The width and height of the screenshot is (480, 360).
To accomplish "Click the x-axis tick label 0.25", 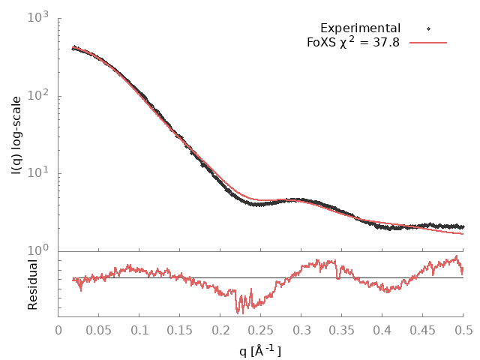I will (261, 330).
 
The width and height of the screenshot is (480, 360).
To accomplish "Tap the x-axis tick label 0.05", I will (99, 330).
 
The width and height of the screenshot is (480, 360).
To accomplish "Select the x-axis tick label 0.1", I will (139, 330).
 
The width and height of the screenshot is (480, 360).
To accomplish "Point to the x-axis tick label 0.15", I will (180, 330).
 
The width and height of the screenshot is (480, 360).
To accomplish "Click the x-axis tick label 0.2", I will (220, 330).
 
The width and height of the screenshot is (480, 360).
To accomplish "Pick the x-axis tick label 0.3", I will (301, 330).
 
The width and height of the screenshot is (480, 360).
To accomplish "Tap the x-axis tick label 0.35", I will (342, 330).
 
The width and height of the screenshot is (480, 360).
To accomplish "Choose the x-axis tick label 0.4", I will (382, 330).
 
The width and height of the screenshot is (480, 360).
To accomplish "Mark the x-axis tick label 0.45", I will (423, 330).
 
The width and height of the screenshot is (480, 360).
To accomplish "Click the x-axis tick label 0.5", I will (463, 330).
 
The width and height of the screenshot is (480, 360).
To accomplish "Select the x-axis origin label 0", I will (58, 330).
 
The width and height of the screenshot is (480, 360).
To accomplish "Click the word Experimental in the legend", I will (360, 28).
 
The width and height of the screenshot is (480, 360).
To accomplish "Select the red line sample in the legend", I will (428, 43).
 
